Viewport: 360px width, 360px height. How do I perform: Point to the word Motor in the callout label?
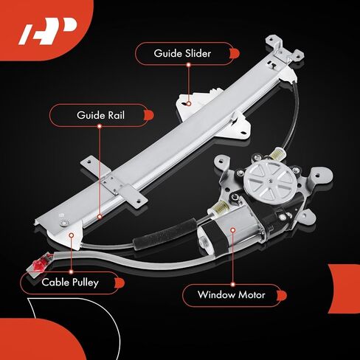tap(252, 294)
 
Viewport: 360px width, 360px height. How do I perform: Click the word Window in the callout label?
tap(216, 294)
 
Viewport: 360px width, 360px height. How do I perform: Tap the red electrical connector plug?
tap(39, 264)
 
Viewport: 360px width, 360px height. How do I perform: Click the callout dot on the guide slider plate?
tap(189, 104)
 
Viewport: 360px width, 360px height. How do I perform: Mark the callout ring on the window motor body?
tap(233, 230)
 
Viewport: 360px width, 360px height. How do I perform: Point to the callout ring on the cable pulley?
tap(72, 235)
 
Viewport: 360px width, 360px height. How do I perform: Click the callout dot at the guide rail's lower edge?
tap(100, 217)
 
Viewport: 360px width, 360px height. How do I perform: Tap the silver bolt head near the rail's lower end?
tap(64, 224)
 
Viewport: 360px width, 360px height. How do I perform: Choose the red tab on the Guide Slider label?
tap(234, 54)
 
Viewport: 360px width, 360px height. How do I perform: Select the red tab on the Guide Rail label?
tap(148, 115)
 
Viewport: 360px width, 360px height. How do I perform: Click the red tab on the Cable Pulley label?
tap(120, 283)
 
